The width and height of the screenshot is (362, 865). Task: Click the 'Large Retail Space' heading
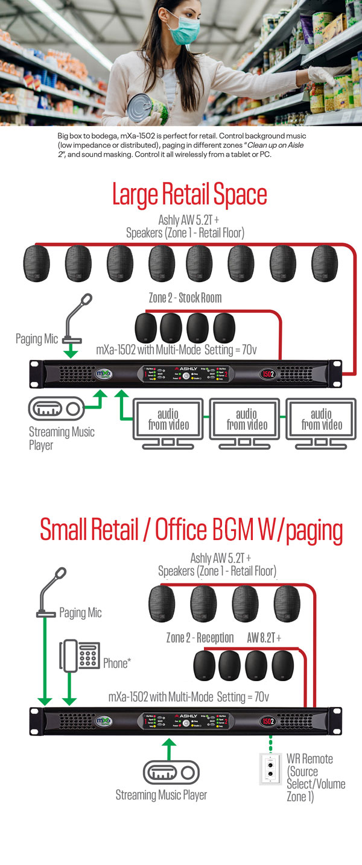point(189,195)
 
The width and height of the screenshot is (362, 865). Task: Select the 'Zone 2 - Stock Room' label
point(185,298)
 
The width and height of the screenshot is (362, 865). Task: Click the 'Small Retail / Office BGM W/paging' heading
point(191,530)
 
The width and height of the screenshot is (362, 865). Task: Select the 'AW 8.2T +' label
point(264,638)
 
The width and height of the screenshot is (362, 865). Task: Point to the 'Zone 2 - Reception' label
point(200,638)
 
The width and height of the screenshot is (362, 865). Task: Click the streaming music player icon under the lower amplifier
point(170,773)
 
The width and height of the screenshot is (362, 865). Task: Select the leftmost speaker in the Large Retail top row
point(39,265)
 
